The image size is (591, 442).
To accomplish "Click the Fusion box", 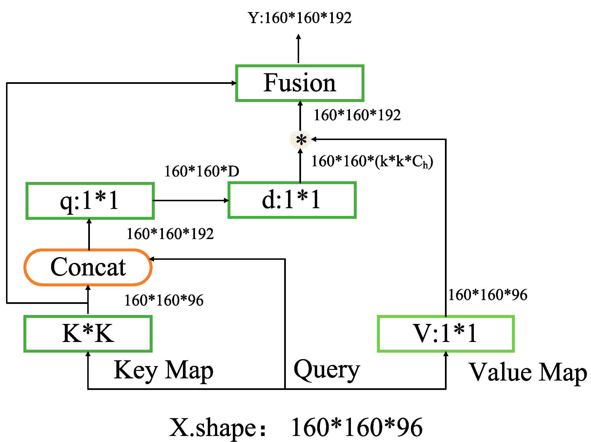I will coord(300,83).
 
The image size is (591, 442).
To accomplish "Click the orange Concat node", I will coord(88,267).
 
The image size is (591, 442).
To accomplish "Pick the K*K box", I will coord(88,334).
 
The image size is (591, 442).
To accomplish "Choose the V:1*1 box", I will coord(446,334).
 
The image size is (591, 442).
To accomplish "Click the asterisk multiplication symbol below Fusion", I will coord(301,140).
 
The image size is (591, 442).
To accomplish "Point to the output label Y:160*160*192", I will coord(300,18).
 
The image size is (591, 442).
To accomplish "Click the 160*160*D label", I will coord(202,171).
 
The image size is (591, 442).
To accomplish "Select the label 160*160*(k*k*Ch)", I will coord(372,161).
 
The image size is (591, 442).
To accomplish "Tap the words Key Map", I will coord(163,371).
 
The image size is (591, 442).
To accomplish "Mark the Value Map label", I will coord(528,372).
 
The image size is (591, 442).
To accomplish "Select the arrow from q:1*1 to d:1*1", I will coord(190,201).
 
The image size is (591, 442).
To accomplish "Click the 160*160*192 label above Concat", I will coord(170,234).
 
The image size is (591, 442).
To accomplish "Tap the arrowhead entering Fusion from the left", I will coord(234,83).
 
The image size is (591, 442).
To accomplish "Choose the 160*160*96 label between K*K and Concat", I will coord(164,300).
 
